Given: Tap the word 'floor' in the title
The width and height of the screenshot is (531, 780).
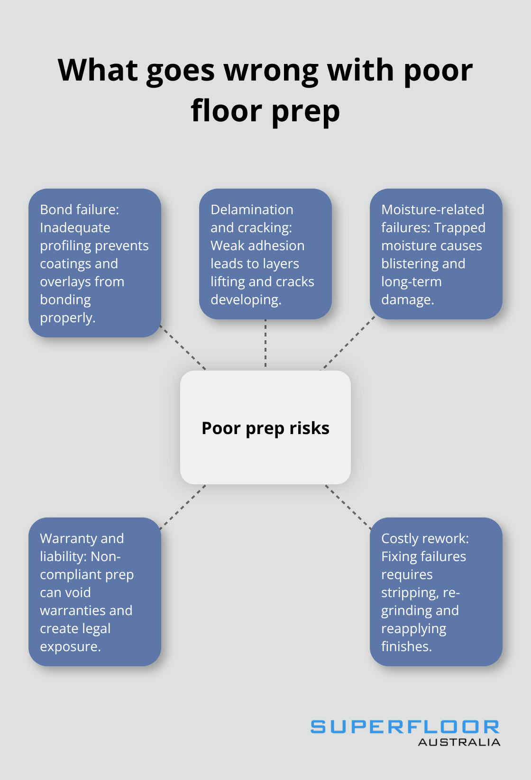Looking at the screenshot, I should [x=226, y=111].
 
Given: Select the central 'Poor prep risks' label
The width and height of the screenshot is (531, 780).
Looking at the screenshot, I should [x=265, y=428].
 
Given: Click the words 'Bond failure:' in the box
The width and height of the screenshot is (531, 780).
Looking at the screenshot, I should [x=79, y=209].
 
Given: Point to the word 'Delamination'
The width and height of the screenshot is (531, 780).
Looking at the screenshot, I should [x=252, y=209].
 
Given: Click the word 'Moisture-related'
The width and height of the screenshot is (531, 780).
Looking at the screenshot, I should [x=432, y=209].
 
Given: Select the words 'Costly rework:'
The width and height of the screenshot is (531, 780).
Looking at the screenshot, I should [x=425, y=539].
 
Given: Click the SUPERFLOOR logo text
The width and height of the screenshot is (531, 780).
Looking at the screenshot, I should [x=405, y=727].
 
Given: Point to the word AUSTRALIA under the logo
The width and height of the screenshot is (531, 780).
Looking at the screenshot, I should [x=459, y=743].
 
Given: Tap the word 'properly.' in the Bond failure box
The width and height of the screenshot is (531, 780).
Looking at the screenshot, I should [x=68, y=318].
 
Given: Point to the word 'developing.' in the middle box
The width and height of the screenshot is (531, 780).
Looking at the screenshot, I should [x=246, y=300].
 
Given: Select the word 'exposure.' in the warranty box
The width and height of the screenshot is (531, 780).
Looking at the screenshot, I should [x=70, y=647].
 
